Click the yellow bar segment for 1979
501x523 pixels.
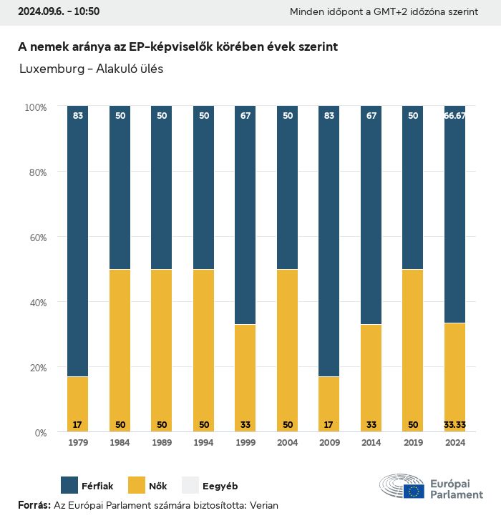[78, 404]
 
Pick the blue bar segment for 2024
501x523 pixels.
[454, 215]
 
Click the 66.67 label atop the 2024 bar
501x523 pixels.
[454, 115]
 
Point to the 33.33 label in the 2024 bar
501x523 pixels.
[454, 424]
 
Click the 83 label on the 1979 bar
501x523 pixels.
[78, 115]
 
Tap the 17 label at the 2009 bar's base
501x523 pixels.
[329, 424]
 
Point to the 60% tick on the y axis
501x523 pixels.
[36, 237]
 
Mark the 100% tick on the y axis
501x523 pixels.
[34, 107]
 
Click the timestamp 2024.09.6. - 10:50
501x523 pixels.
[49, 11]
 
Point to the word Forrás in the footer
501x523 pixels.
[34, 505]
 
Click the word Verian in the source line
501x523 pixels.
[263, 505]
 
